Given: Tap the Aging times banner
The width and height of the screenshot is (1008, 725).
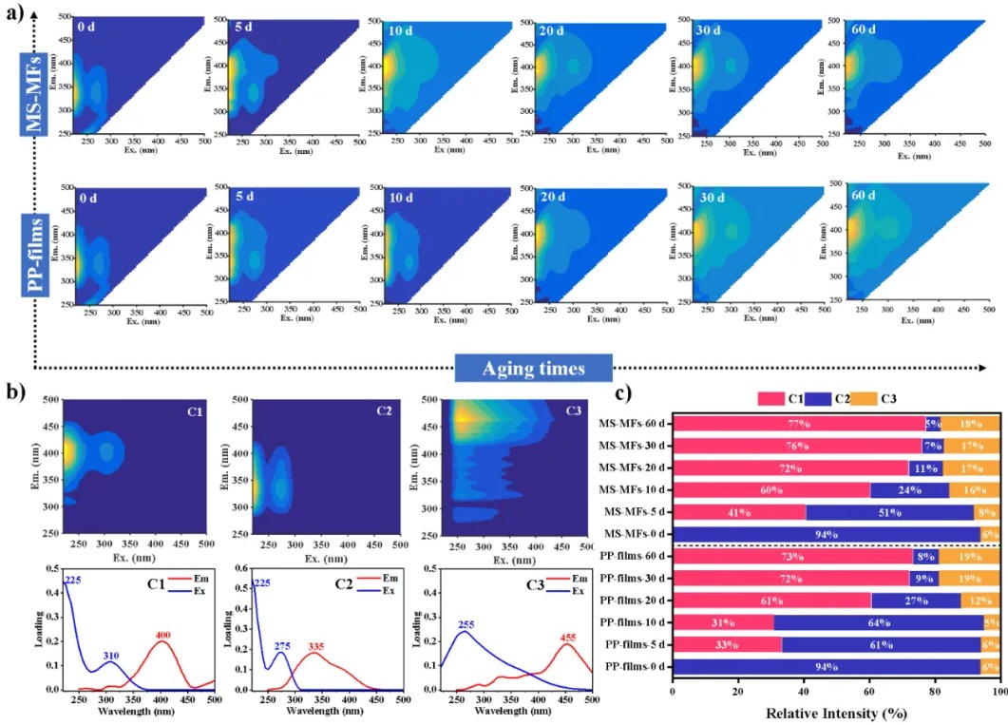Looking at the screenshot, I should point(534,367).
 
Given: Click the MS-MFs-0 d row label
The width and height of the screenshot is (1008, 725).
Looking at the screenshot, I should point(634,534).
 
